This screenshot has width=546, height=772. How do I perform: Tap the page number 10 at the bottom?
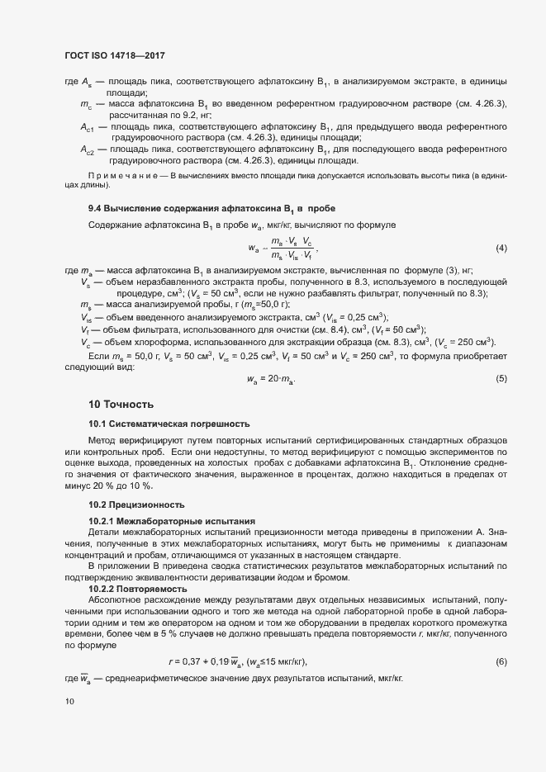click(69, 702)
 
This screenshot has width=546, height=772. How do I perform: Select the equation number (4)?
click(501, 249)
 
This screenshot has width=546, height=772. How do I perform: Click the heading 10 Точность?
click(121, 405)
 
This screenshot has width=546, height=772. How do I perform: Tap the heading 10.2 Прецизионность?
click(136, 504)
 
